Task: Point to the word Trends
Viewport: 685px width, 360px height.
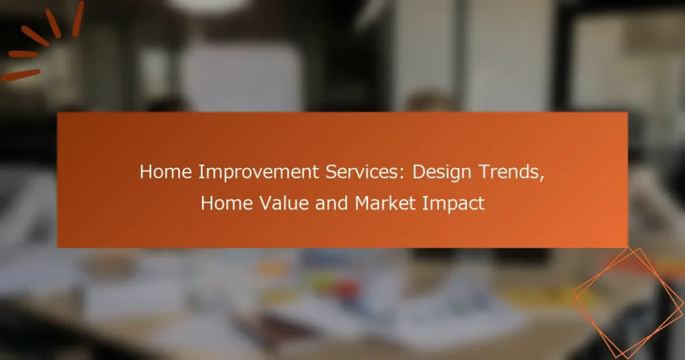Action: (x=510, y=172)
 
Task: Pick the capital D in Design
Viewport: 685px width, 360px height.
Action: (x=418, y=172)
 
